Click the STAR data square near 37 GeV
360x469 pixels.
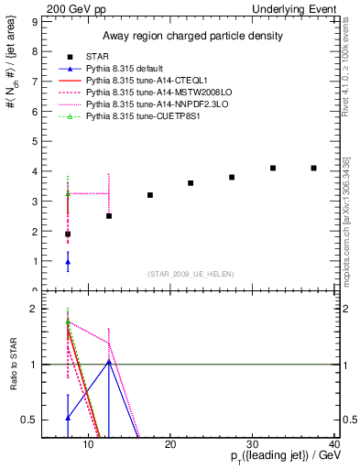click(313, 169)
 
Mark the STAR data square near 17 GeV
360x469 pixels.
click(150, 195)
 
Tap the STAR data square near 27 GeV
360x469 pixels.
click(232, 178)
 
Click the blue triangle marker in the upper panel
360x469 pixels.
click(68, 262)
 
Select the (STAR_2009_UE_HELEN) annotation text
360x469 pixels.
click(189, 274)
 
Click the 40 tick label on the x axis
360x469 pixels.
click(334, 444)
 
